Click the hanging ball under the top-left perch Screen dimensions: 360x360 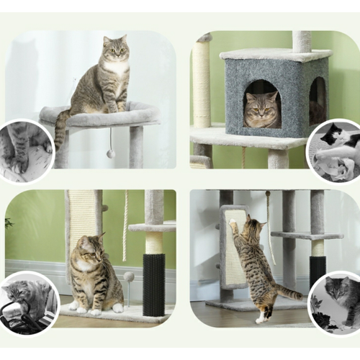110,153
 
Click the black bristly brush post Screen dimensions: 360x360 153,284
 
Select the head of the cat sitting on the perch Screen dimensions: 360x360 115,50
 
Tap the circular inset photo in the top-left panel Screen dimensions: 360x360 26,150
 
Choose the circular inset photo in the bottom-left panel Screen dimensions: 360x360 29,303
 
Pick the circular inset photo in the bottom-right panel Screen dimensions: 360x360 336,303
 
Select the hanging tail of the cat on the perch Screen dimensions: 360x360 60,130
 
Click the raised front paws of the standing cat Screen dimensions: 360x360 233,224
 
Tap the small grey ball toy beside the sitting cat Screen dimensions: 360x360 129,276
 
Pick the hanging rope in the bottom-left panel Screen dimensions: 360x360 126,216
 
